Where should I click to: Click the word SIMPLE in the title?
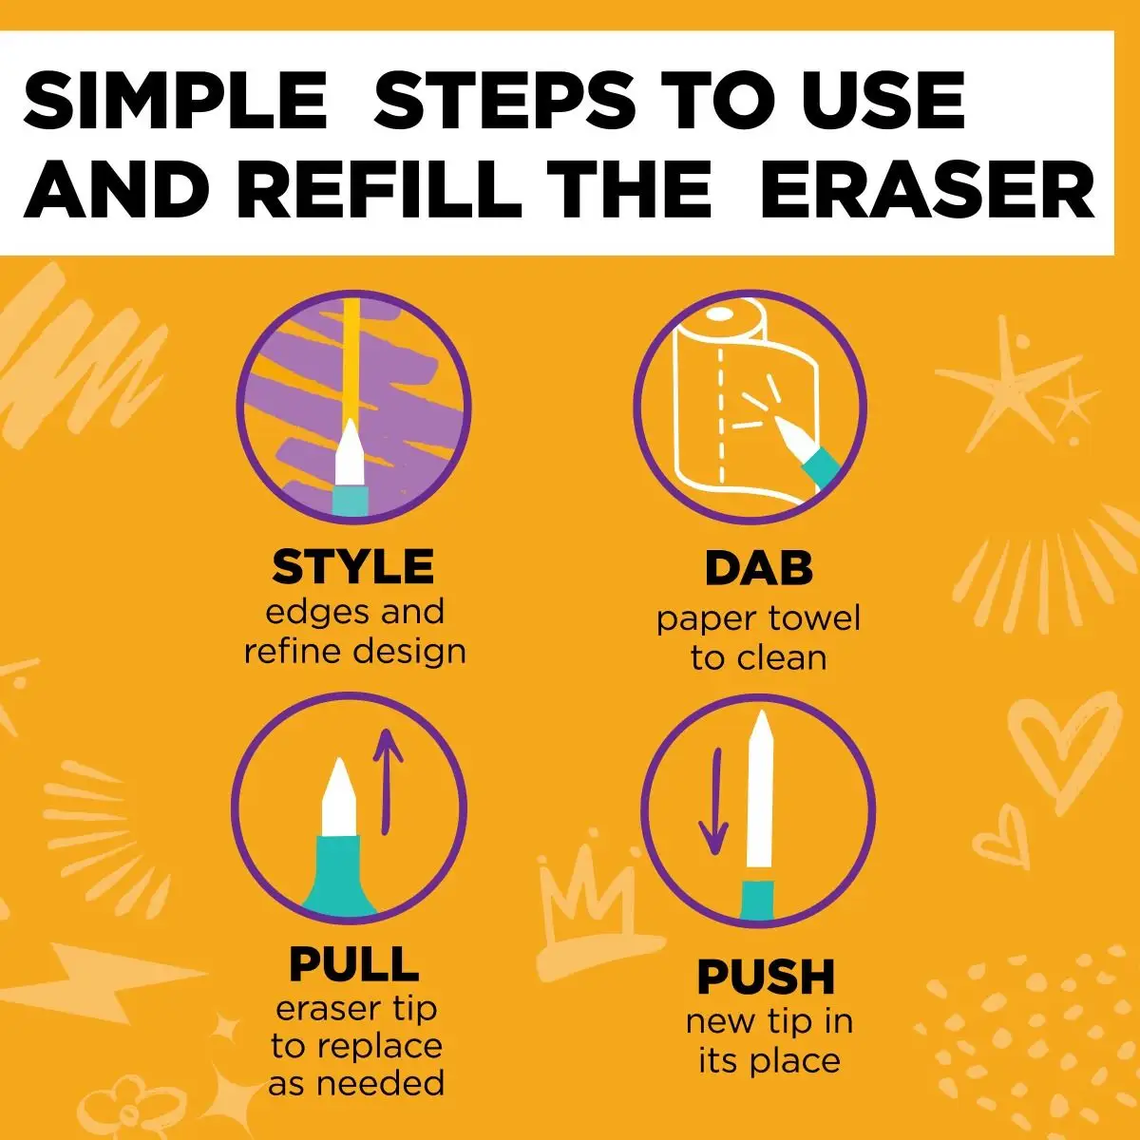click(x=175, y=100)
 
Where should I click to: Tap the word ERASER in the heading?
click(x=927, y=190)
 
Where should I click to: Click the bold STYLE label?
click(x=353, y=567)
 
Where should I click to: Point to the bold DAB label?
click(x=758, y=568)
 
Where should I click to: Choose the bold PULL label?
click(x=353, y=964)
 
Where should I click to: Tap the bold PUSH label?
click(x=766, y=977)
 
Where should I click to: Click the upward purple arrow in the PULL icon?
click(x=388, y=779)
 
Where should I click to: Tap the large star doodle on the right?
click(x=1007, y=380)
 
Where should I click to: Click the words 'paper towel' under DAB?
click(x=758, y=618)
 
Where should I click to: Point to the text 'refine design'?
click(x=355, y=652)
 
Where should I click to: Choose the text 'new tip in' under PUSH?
click(x=769, y=1022)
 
